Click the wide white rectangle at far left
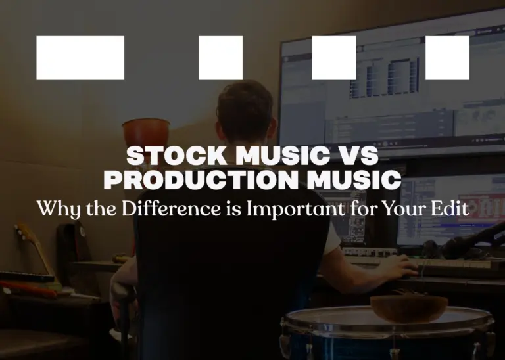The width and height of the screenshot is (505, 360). pyautogui.click(x=80, y=58)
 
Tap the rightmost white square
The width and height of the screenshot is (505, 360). pyautogui.click(x=447, y=58)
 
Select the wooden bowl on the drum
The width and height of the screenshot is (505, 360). pyautogui.click(x=409, y=308)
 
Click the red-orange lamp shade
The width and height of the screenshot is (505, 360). pyautogui.click(x=146, y=132)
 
